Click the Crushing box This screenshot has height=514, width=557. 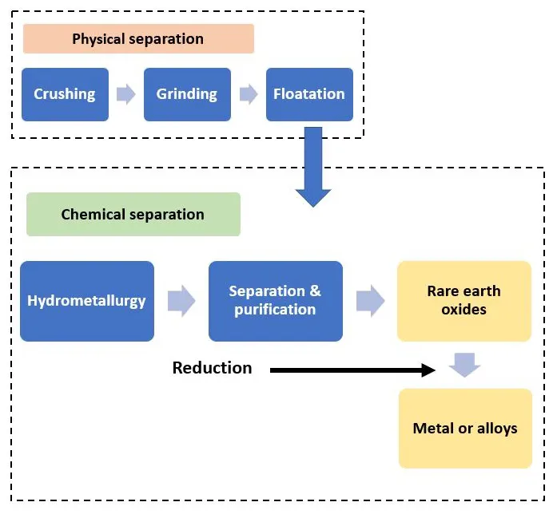(65, 94)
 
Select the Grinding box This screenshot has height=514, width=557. (187, 94)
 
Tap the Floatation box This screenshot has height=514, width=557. (309, 94)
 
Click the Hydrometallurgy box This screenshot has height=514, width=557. (87, 301)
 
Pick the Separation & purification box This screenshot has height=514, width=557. (276, 301)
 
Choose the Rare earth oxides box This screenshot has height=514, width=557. (464, 301)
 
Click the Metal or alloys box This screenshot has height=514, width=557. (465, 429)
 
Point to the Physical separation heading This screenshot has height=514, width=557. (138, 38)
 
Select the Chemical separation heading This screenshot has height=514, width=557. (133, 215)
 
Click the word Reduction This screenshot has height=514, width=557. (212, 368)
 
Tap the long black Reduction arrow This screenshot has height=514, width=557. (352, 370)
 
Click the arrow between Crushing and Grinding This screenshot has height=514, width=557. (126, 94)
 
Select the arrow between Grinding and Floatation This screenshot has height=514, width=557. (249, 94)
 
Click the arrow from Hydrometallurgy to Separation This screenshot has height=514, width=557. (181, 301)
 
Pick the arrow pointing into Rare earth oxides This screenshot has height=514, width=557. (370, 301)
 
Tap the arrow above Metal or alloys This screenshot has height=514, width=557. (464, 366)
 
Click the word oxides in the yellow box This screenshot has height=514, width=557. (464, 310)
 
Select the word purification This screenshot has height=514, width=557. (276, 310)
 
